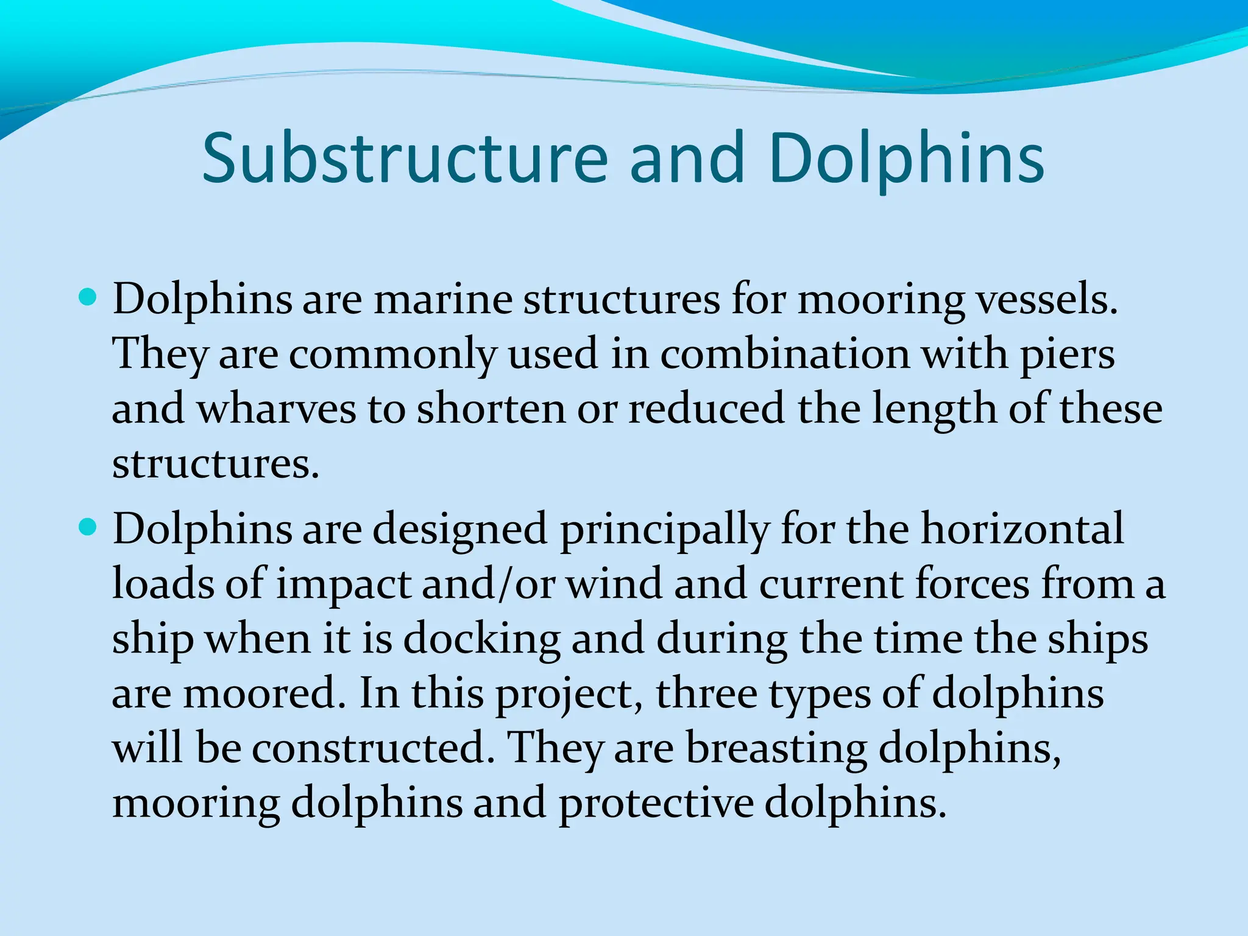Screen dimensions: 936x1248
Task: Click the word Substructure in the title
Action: coord(405,158)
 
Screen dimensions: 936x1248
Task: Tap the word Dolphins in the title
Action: coord(906,158)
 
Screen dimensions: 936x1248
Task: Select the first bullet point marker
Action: coord(89,298)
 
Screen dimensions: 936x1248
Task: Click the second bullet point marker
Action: coord(89,527)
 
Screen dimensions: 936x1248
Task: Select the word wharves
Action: coord(276,409)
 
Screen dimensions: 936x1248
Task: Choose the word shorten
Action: coord(491,409)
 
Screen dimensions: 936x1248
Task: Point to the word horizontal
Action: coord(1022,528)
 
